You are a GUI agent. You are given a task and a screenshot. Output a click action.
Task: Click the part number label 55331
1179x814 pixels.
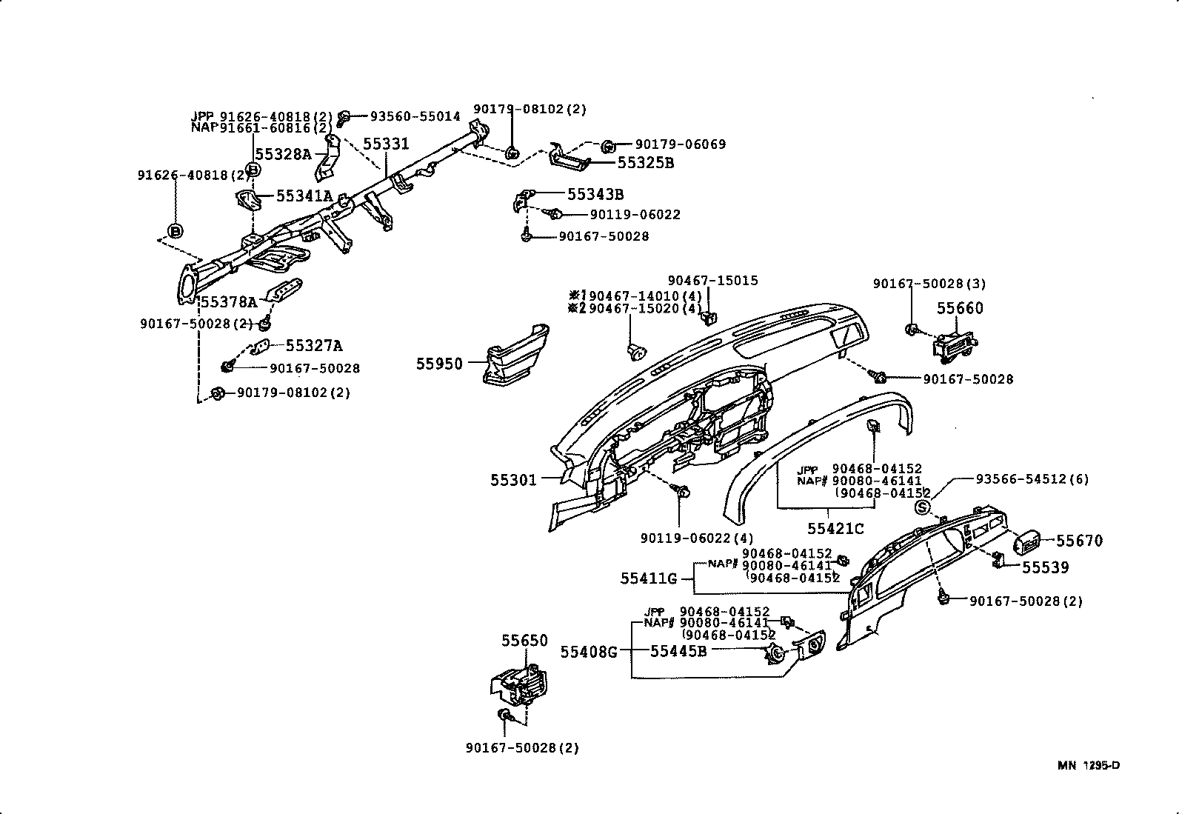point(385,144)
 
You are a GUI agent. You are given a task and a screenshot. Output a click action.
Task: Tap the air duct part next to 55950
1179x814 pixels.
point(515,355)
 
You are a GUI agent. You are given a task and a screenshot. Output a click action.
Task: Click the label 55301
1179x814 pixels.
point(512,480)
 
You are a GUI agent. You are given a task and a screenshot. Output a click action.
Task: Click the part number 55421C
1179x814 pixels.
point(835,529)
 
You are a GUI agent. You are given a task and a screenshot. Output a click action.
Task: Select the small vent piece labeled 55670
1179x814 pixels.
point(1025,542)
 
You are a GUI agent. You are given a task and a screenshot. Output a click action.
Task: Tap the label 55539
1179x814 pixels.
point(1045,567)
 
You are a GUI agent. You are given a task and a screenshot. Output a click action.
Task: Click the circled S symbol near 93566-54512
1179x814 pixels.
point(922,507)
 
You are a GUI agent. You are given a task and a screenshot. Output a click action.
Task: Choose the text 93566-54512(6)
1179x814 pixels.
point(1032,479)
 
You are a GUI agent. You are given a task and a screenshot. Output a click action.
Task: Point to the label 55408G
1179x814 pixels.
point(588,652)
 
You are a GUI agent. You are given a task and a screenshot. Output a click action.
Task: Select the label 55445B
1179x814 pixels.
point(678,651)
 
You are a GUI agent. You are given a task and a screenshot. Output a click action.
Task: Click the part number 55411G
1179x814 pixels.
point(648,578)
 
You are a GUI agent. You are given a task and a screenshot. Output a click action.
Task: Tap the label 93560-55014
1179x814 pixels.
point(415,116)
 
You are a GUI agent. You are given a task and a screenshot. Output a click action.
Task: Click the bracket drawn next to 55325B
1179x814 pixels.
point(569,158)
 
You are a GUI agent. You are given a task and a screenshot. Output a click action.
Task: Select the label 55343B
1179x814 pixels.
point(595,195)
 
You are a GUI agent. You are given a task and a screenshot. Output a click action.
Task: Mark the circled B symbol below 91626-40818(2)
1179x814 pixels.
point(176,231)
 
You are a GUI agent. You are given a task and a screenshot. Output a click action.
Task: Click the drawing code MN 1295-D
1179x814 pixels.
point(1088,765)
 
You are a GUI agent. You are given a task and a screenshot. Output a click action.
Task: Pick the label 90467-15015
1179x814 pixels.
point(712,281)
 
